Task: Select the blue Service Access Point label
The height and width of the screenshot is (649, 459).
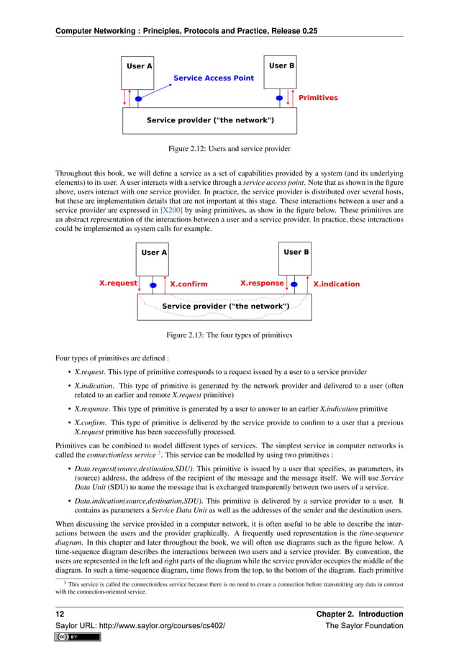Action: click(x=214, y=78)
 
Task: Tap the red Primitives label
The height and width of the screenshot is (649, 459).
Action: click(x=317, y=97)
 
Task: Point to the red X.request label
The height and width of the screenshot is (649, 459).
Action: click(x=117, y=283)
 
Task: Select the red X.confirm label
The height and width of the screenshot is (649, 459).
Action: click(x=188, y=284)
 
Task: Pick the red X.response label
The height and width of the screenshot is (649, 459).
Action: click(x=261, y=283)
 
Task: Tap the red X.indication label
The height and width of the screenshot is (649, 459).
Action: click(x=336, y=284)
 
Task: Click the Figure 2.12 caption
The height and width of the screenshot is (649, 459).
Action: click(x=229, y=149)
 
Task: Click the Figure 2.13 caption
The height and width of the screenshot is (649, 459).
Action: click(x=229, y=335)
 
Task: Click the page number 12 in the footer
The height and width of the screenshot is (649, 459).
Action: click(x=60, y=614)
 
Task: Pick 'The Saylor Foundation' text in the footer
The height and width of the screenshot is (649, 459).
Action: click(x=364, y=625)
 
